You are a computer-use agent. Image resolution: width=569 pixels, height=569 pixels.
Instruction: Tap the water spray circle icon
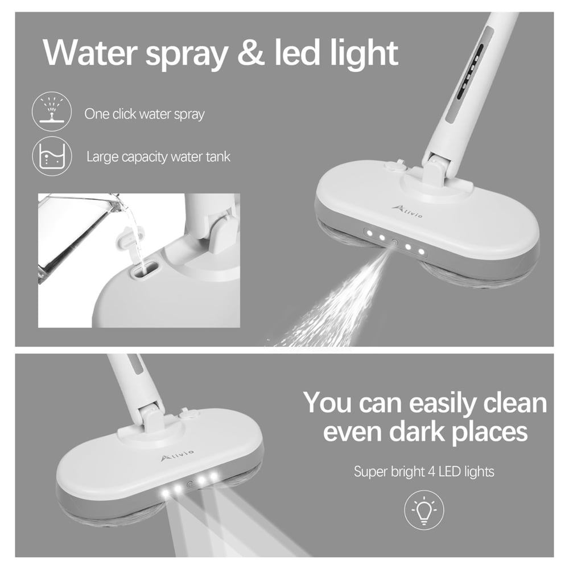click(52, 113)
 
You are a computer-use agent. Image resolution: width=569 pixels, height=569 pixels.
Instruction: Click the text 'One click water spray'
click(145, 114)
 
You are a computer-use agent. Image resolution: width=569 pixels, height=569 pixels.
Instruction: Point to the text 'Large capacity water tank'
click(159, 156)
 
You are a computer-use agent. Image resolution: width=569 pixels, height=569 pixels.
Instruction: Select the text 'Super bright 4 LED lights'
click(424, 471)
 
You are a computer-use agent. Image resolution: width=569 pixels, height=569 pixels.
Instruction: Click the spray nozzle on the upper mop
click(394, 242)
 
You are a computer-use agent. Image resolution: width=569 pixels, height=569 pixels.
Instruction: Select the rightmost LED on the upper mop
click(421, 250)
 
